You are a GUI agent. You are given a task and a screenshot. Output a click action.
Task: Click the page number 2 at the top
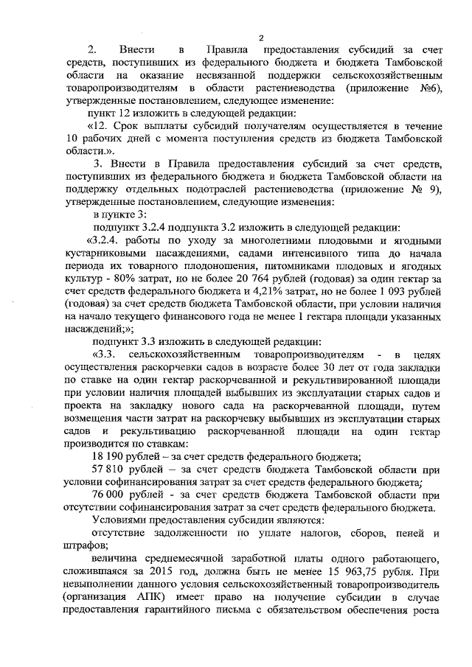click(x=261, y=38)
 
